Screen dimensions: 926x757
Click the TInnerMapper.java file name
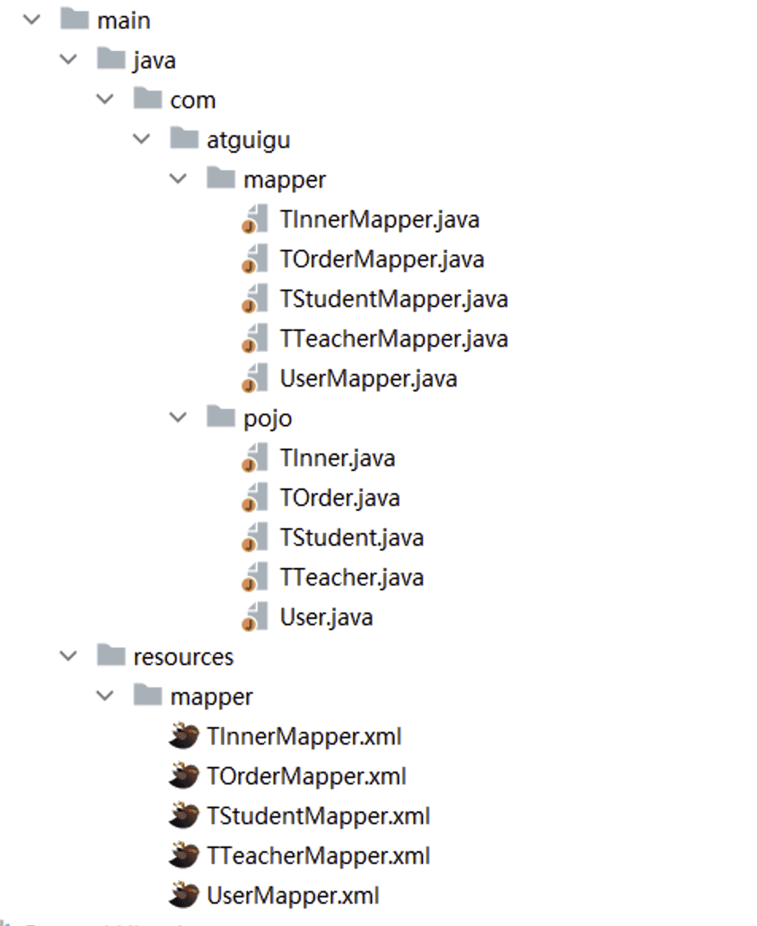point(378,220)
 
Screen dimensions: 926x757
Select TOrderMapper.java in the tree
point(382,259)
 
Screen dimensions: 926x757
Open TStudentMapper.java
point(393,299)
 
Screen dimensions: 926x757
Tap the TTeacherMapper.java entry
point(393,339)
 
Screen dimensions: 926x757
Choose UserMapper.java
point(367,379)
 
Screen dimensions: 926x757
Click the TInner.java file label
point(337,458)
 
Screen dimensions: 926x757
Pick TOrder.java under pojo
point(340,498)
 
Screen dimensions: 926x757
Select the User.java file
point(326,617)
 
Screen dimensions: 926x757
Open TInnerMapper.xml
point(304,737)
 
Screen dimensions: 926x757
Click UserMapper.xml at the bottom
point(293,896)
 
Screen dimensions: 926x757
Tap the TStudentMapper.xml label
point(318,816)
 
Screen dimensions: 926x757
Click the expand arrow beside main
point(32,20)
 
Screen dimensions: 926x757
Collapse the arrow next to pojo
point(179,418)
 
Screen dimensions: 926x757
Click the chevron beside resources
point(69,656)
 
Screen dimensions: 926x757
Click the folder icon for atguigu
point(184,139)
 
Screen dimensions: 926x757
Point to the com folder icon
point(147,99)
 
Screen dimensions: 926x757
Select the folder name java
point(154,60)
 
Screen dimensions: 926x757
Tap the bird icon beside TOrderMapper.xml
point(184,776)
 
